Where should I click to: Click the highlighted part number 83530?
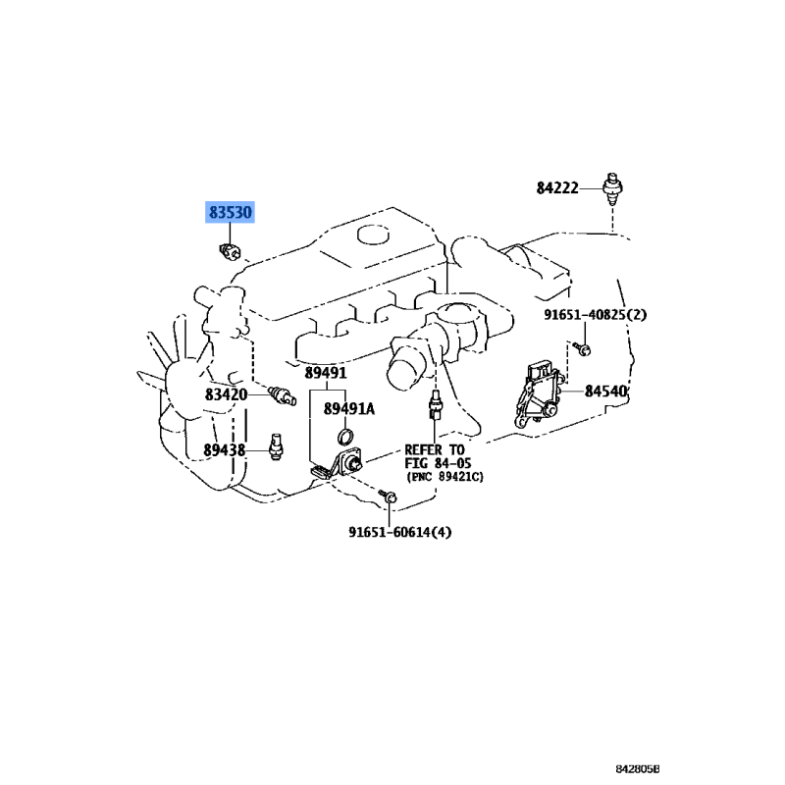[x=230, y=212]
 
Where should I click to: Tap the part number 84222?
[x=558, y=187]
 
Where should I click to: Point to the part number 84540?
[x=605, y=391]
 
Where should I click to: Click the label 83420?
[x=226, y=394]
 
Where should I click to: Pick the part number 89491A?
[x=349, y=409]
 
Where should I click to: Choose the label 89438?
[x=225, y=450]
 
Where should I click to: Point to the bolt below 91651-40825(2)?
[x=582, y=347]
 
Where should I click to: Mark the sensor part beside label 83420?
[x=282, y=395]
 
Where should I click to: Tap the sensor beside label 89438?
[x=277, y=448]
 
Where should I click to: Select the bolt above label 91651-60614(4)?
[x=390, y=500]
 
